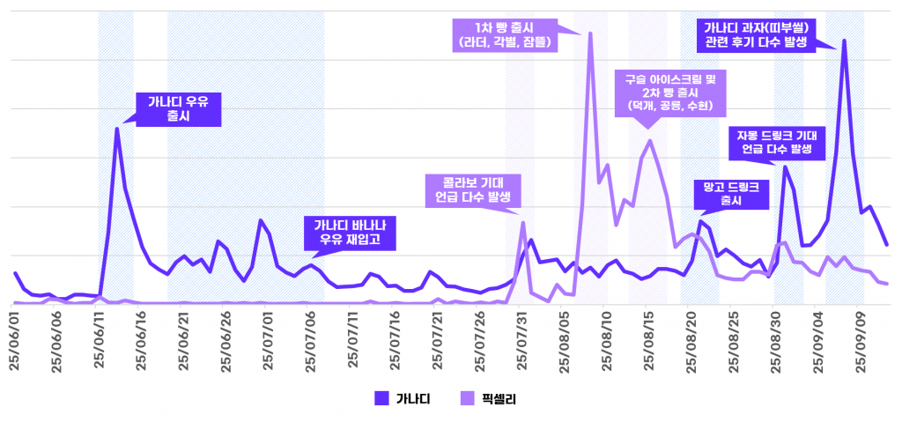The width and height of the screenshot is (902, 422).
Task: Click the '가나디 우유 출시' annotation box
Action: tap(178, 107)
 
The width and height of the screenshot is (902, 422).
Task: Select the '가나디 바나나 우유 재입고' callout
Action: tap(350, 232)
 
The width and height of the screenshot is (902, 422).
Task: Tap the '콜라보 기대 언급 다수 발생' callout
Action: tap(473, 189)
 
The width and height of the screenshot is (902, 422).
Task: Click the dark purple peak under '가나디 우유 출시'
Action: tap(116, 129)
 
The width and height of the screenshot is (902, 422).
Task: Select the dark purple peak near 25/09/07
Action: tap(844, 41)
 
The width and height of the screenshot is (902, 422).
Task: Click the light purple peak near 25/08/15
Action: tap(650, 140)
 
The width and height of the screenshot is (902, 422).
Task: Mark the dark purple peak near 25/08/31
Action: tap(785, 167)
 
